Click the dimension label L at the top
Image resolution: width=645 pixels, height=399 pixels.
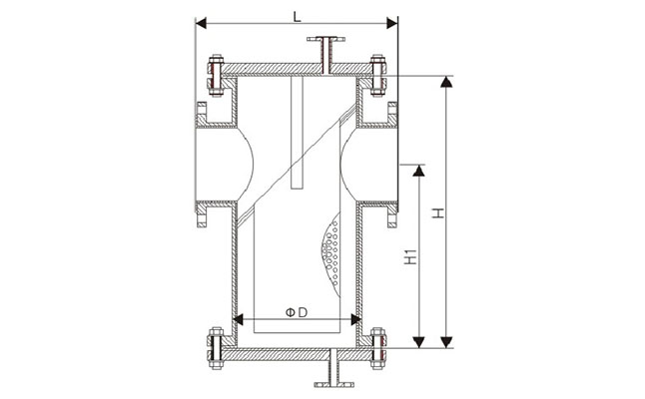[297, 14]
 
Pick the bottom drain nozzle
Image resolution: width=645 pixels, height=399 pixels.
[327, 371]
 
